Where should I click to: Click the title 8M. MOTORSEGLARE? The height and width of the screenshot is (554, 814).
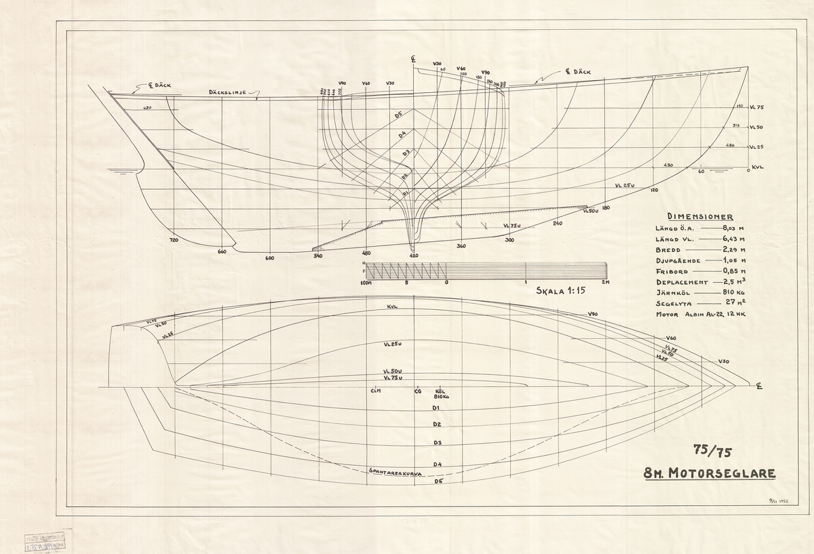tap(709, 473)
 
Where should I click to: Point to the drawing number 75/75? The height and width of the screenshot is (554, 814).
tap(708, 450)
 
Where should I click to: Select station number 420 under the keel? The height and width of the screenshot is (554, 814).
tap(413, 256)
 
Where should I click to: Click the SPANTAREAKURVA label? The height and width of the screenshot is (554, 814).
tap(394, 470)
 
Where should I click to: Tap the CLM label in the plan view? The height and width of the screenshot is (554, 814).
tap(375, 391)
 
